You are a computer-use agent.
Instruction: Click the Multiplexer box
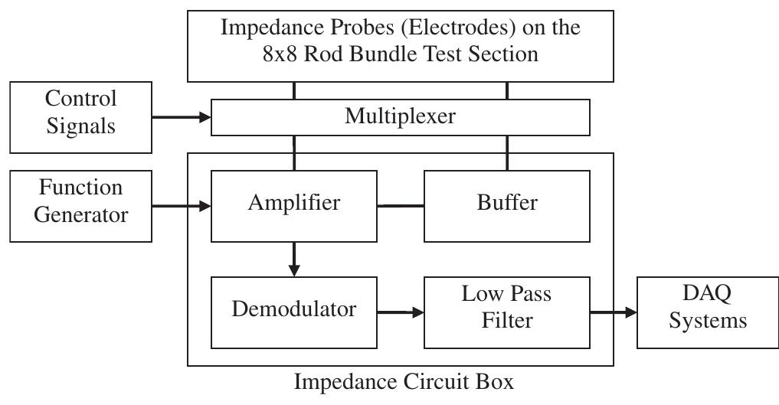click(x=400, y=117)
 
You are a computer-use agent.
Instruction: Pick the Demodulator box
click(x=293, y=310)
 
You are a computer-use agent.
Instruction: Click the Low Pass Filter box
click(x=506, y=308)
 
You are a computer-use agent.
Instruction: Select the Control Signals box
click(x=80, y=113)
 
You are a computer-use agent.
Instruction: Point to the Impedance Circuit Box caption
click(x=404, y=382)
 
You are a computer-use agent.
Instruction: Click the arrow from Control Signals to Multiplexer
click(x=181, y=118)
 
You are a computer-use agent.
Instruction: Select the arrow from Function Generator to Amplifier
click(x=181, y=205)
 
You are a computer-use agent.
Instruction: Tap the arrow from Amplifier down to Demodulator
click(x=294, y=259)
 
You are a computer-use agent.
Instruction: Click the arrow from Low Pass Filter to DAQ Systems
click(x=613, y=312)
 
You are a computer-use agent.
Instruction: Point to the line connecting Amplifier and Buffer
click(x=400, y=205)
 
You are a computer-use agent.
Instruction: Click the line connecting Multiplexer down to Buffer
click(x=506, y=152)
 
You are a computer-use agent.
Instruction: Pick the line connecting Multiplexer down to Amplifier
click(x=294, y=152)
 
